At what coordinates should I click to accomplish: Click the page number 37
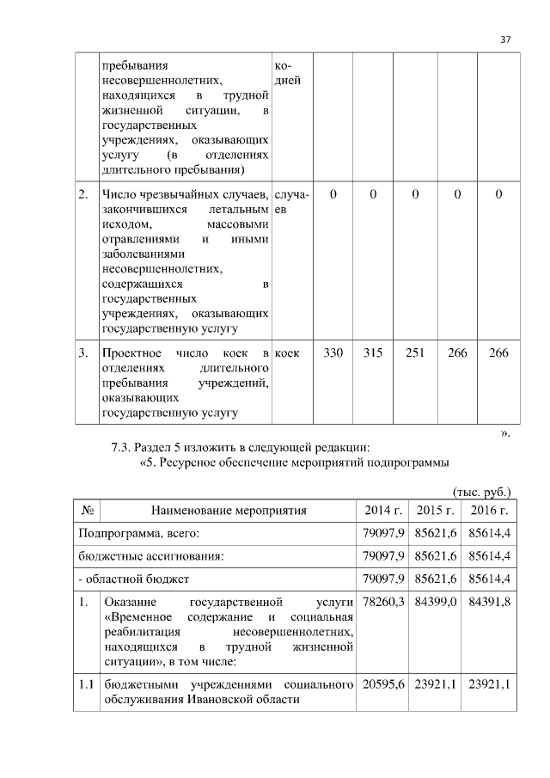point(505,40)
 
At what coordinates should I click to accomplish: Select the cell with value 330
point(333,353)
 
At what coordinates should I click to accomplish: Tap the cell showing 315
point(373,353)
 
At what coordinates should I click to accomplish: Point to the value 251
point(415,353)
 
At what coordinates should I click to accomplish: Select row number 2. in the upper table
point(83,195)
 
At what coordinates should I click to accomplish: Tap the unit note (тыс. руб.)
point(481,492)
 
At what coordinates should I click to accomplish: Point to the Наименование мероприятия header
point(228,511)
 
